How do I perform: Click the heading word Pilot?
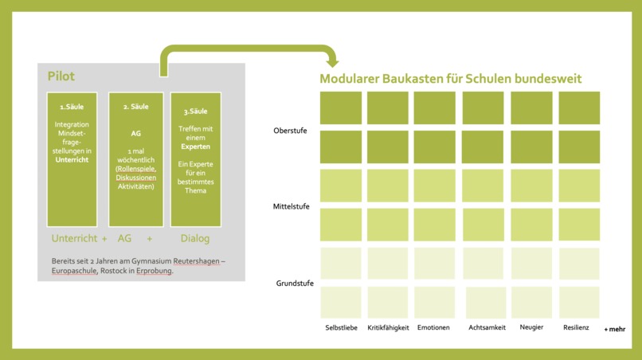coord(61,76)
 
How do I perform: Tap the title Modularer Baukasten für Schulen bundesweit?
coord(450,79)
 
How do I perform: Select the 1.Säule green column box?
coord(72,159)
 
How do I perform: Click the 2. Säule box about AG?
coord(135,159)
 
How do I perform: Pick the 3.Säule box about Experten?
coord(196,159)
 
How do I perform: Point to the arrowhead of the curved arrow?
coord(331,61)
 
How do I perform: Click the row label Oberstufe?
coord(290,130)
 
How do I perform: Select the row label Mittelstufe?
coord(291,207)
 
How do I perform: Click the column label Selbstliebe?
coord(340,327)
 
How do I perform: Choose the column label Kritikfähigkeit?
coord(388,327)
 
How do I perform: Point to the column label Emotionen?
coord(433,327)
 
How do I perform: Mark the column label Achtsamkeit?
coord(487,327)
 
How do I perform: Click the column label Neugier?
coord(531,327)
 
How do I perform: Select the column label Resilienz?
coord(576,327)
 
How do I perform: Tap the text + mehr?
coord(614,328)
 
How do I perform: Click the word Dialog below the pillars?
coord(195,237)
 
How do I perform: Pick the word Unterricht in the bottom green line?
coord(75,237)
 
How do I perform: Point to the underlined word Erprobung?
coord(154,271)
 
